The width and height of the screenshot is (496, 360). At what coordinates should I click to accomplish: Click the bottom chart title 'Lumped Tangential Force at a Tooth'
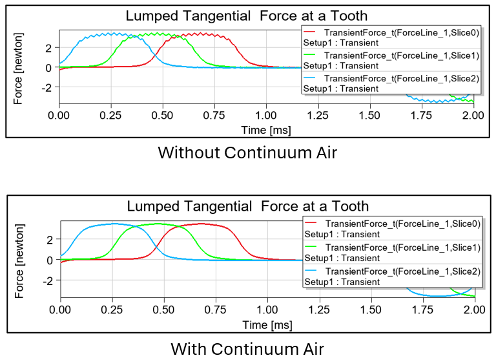click(247, 207)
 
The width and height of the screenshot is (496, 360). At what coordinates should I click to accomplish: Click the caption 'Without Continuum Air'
click(247, 153)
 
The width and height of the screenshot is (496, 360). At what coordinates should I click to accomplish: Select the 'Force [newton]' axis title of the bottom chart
click(19, 260)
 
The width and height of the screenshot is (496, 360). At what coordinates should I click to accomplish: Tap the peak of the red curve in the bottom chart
click(201, 224)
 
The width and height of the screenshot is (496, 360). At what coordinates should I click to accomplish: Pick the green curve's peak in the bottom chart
click(158, 224)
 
